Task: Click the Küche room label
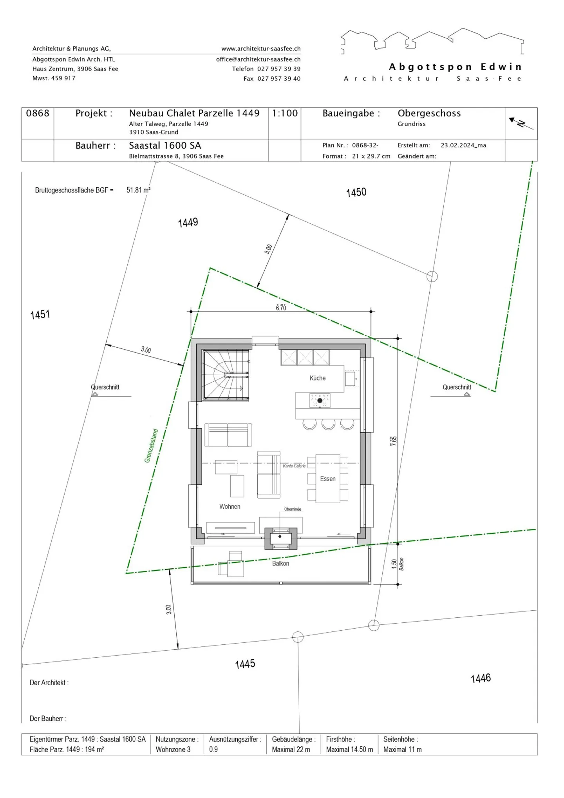pyautogui.click(x=317, y=378)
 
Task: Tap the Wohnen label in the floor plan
pyautogui.click(x=230, y=506)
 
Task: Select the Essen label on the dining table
pyautogui.click(x=328, y=479)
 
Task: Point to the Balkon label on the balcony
pyautogui.click(x=280, y=563)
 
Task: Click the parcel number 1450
pyautogui.click(x=356, y=192)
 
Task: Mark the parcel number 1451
pyautogui.click(x=40, y=314)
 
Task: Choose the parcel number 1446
pyautogui.click(x=481, y=678)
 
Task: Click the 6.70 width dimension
pyautogui.click(x=281, y=308)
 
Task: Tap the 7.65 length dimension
pyautogui.click(x=393, y=441)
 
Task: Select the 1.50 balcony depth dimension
pyautogui.click(x=394, y=564)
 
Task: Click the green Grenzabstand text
pyautogui.click(x=151, y=446)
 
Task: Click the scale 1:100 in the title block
pyautogui.click(x=285, y=113)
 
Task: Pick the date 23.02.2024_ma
pyautogui.click(x=463, y=145)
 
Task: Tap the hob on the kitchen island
pyautogui.click(x=320, y=400)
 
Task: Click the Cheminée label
pyautogui.click(x=293, y=509)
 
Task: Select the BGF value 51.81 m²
pyautogui.click(x=138, y=190)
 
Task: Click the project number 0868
pyautogui.click(x=38, y=113)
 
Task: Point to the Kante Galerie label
pyautogui.click(x=294, y=466)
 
